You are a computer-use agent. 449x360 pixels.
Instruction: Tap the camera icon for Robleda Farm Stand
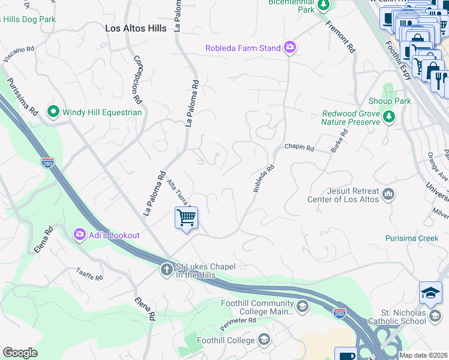[290, 47]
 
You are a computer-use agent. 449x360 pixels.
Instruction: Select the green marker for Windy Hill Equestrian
[53, 112]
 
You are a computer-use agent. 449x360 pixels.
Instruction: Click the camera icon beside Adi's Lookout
[79, 235]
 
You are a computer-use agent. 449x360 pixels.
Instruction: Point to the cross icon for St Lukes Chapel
[166, 270]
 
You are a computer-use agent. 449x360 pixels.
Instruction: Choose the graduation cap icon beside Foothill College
[264, 340]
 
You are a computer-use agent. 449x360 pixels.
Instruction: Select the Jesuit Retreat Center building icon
[388, 194]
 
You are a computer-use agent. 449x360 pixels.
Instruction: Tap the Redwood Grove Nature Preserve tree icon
[390, 118]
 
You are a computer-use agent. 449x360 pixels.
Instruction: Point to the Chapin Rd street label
[299, 147]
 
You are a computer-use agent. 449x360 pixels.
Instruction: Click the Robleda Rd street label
[264, 179]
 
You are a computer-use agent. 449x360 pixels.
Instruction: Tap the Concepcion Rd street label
[137, 79]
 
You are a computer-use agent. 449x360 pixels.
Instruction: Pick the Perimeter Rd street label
[240, 320]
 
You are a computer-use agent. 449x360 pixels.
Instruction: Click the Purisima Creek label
[412, 238]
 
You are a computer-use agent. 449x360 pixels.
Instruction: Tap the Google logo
[20, 352]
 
